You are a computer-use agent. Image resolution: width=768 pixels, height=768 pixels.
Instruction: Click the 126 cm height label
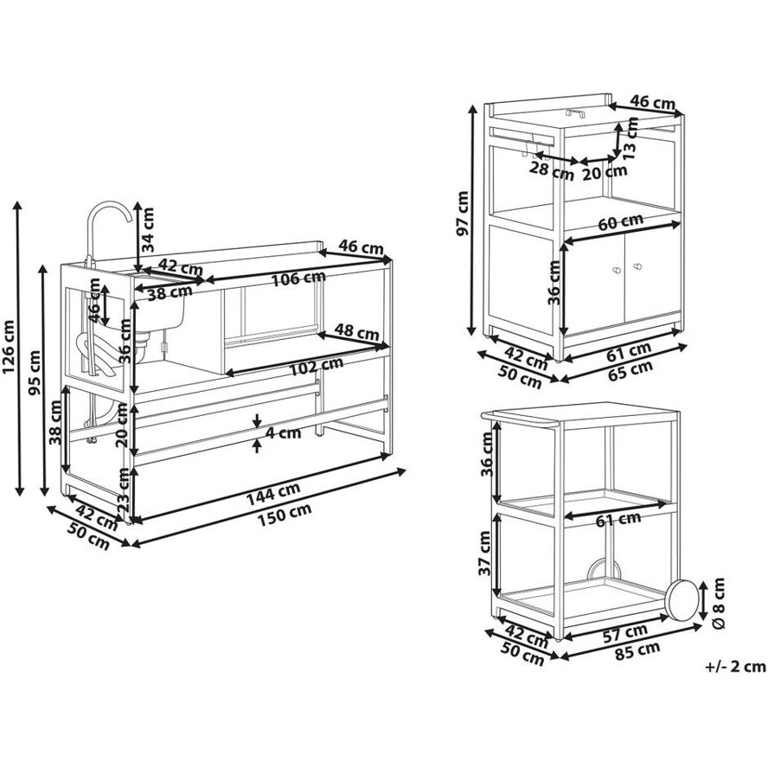pos(9,347)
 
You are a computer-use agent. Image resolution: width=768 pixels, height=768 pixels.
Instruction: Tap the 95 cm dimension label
pos(35,372)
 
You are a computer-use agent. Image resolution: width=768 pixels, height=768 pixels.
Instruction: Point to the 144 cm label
pos(272,494)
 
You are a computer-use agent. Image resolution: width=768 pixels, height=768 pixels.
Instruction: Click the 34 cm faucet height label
pos(147,229)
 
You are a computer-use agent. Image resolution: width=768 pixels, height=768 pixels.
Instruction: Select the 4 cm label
pos(281,432)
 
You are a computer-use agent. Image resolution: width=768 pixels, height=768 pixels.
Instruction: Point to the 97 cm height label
pos(463,213)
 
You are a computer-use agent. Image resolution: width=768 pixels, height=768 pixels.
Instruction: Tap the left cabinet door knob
pos(616,270)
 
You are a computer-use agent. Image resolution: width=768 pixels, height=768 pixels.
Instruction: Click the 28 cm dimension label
pos(552,170)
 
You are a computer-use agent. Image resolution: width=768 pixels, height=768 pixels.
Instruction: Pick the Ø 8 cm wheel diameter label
pos(719,603)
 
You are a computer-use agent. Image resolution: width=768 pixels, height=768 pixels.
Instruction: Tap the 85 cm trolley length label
pos(637,650)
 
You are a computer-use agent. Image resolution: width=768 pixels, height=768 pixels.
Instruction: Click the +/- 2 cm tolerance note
pos(735,666)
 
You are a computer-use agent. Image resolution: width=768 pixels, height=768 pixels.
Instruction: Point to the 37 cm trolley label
pos(485,553)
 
